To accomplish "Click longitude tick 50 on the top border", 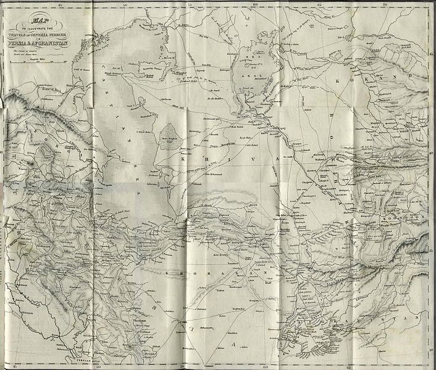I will tap(125, 5).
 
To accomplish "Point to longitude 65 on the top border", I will tap(320, 5).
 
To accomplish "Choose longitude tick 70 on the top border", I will tap(384, 5).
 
